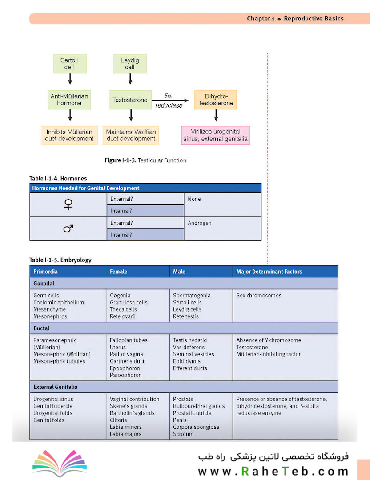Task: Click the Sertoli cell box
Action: click(x=70, y=64)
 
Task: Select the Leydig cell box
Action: click(x=130, y=64)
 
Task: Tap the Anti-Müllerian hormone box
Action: click(x=69, y=100)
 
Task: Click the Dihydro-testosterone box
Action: click(x=215, y=100)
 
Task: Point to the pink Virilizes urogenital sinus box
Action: click(x=216, y=135)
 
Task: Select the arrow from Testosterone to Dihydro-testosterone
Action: click(x=170, y=100)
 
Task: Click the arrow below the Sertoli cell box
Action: click(x=70, y=79)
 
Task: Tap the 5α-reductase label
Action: click(x=169, y=100)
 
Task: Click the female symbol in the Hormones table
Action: click(x=68, y=204)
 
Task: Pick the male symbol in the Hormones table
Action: click(x=68, y=228)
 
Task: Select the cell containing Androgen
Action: click(x=223, y=228)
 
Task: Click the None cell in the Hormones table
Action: click(x=223, y=205)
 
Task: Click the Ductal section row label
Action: click(x=41, y=328)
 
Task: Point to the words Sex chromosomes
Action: click(x=259, y=296)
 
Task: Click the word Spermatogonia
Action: click(x=192, y=296)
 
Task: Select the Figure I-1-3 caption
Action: click(x=145, y=160)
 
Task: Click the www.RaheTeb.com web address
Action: click(x=273, y=471)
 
